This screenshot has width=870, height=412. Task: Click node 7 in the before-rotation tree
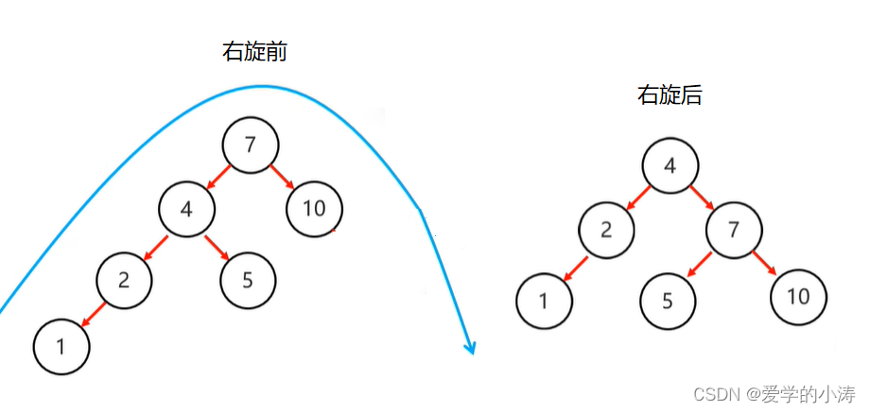point(251,146)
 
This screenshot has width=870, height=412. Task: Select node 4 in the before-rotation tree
point(187,208)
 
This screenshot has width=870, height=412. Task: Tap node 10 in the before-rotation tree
point(314,208)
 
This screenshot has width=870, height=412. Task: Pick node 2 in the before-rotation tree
point(124,280)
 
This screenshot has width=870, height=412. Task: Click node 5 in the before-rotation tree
point(249,280)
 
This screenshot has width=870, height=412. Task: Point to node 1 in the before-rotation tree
point(61,346)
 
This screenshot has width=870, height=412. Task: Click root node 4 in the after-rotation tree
point(670,166)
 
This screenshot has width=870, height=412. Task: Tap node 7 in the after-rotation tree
point(734,230)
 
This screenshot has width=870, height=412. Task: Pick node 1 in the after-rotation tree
point(544,300)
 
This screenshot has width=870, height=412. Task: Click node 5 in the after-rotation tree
point(669,301)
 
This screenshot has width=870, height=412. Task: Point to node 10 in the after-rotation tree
point(798,298)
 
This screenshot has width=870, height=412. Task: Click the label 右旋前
point(254,52)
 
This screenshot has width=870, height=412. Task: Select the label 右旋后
point(669,94)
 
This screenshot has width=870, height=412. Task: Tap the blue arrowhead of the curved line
point(468,347)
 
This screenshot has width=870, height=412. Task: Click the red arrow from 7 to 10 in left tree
point(283,178)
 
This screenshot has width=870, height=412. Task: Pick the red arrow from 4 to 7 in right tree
point(703,198)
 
